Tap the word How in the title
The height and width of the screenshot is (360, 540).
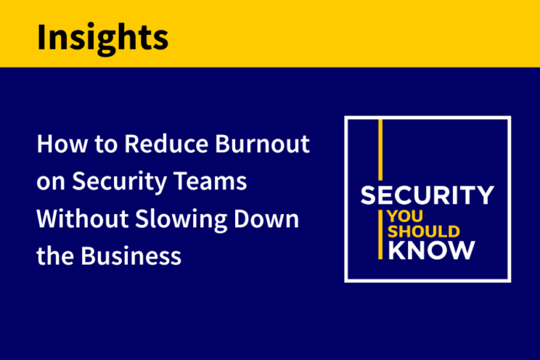pyautogui.click(x=62, y=144)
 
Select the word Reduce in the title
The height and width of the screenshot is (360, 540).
pyautogui.click(x=166, y=144)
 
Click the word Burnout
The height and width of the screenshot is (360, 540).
pyautogui.click(x=262, y=144)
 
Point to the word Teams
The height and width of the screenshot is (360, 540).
pyautogui.click(x=209, y=181)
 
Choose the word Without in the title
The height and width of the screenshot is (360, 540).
pyautogui.click(x=82, y=219)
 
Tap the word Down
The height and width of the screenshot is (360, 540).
pyautogui.click(x=266, y=219)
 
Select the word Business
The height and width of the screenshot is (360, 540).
pyautogui.click(x=131, y=256)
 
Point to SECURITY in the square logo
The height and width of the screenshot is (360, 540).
pyautogui.click(x=427, y=195)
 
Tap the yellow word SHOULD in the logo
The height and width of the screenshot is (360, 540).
pyautogui.click(x=424, y=231)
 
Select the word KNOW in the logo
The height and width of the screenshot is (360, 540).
pyautogui.click(x=431, y=250)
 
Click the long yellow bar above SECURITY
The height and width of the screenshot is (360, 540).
pyautogui.click(x=380, y=150)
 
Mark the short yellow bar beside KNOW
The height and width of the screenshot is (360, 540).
pyautogui.click(x=380, y=234)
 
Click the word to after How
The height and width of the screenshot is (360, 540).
pyautogui.click(x=106, y=145)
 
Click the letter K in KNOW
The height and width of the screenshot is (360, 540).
pyautogui.click(x=396, y=250)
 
